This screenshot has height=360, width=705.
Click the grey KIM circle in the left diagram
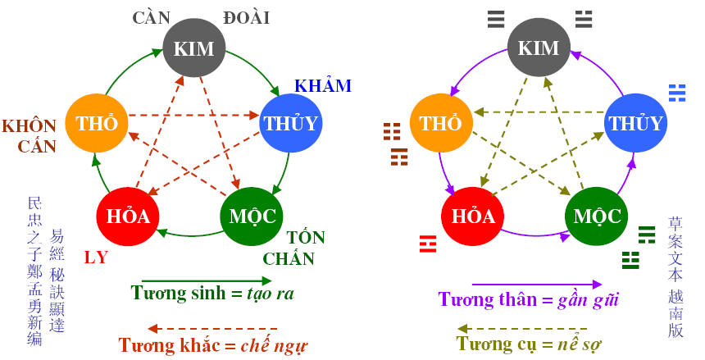193,48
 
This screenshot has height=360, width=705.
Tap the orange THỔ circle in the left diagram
97,123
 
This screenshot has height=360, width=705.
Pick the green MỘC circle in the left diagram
252,216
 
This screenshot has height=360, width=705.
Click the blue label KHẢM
322,86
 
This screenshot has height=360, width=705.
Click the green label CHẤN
289,259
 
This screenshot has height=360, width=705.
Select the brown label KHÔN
30,125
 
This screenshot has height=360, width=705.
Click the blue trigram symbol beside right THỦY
677,92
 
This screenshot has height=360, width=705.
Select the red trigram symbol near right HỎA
426,242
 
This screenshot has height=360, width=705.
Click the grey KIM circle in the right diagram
539,48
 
